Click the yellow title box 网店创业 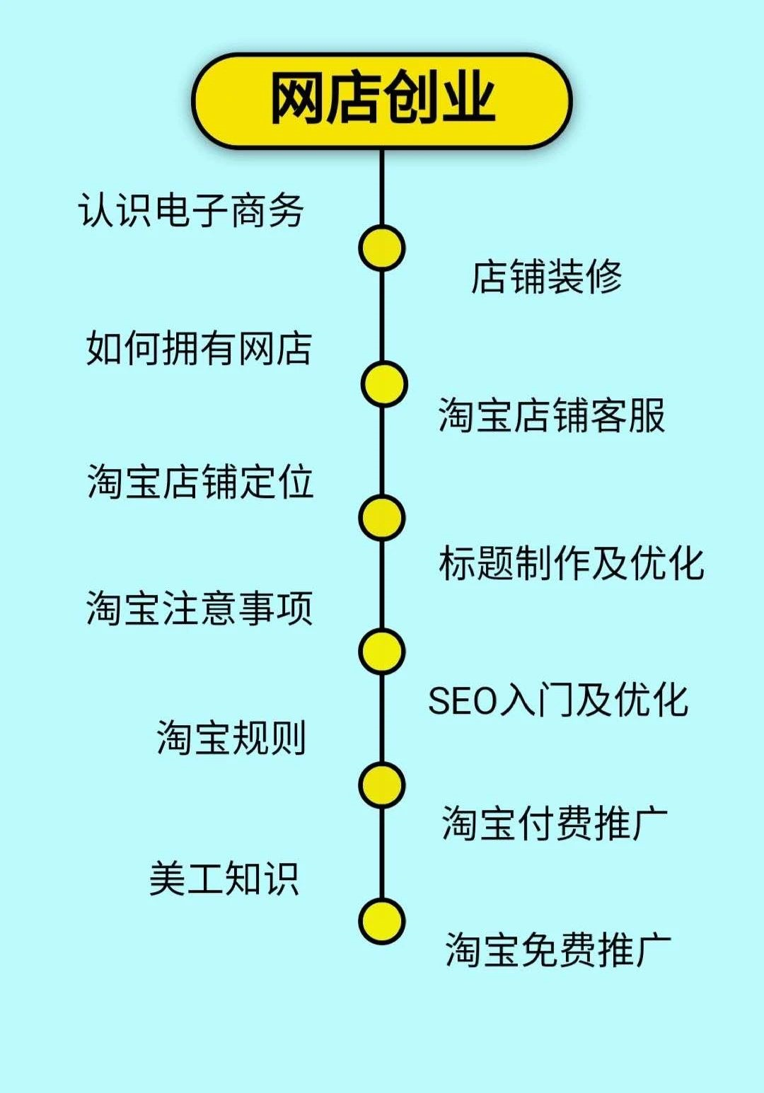click(x=381, y=100)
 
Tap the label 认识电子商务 click(x=191, y=210)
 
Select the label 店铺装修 click(x=546, y=276)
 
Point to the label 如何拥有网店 click(x=199, y=347)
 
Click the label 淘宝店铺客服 click(x=552, y=415)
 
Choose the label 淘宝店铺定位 click(x=200, y=482)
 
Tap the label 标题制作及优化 click(x=571, y=563)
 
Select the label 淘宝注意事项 click(x=199, y=608)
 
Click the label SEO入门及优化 click(x=558, y=700)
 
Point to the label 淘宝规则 click(x=231, y=738)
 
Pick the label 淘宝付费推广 click(x=555, y=823)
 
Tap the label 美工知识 click(x=224, y=879)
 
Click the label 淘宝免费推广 click(x=557, y=949)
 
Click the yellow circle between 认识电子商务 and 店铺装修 click(x=381, y=248)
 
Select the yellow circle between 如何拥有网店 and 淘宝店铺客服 click(x=384, y=384)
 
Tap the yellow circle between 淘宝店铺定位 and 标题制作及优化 click(x=382, y=518)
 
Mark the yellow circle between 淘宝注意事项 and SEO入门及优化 click(x=382, y=652)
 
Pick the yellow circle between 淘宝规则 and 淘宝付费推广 click(x=382, y=785)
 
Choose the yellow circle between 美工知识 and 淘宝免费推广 click(x=382, y=921)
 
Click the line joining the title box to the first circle click(x=382, y=187)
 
